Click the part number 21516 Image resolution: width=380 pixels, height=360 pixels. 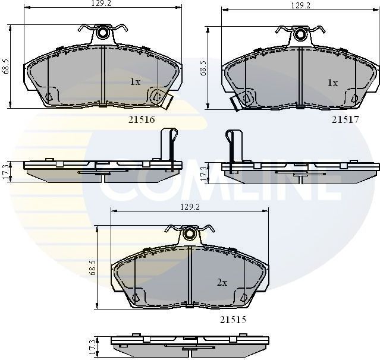click(142, 119)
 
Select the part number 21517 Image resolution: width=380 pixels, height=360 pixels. click(344, 119)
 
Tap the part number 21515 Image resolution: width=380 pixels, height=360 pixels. click(233, 319)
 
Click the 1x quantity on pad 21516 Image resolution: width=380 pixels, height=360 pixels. click(135, 82)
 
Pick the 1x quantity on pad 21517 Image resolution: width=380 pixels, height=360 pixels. click(332, 83)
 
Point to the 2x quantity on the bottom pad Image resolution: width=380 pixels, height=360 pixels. click(222, 283)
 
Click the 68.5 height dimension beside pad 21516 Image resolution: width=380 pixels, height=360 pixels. click(6, 67)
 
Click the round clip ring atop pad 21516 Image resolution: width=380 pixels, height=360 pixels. click(103, 33)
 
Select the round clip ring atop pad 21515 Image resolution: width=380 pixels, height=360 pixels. click(189, 233)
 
